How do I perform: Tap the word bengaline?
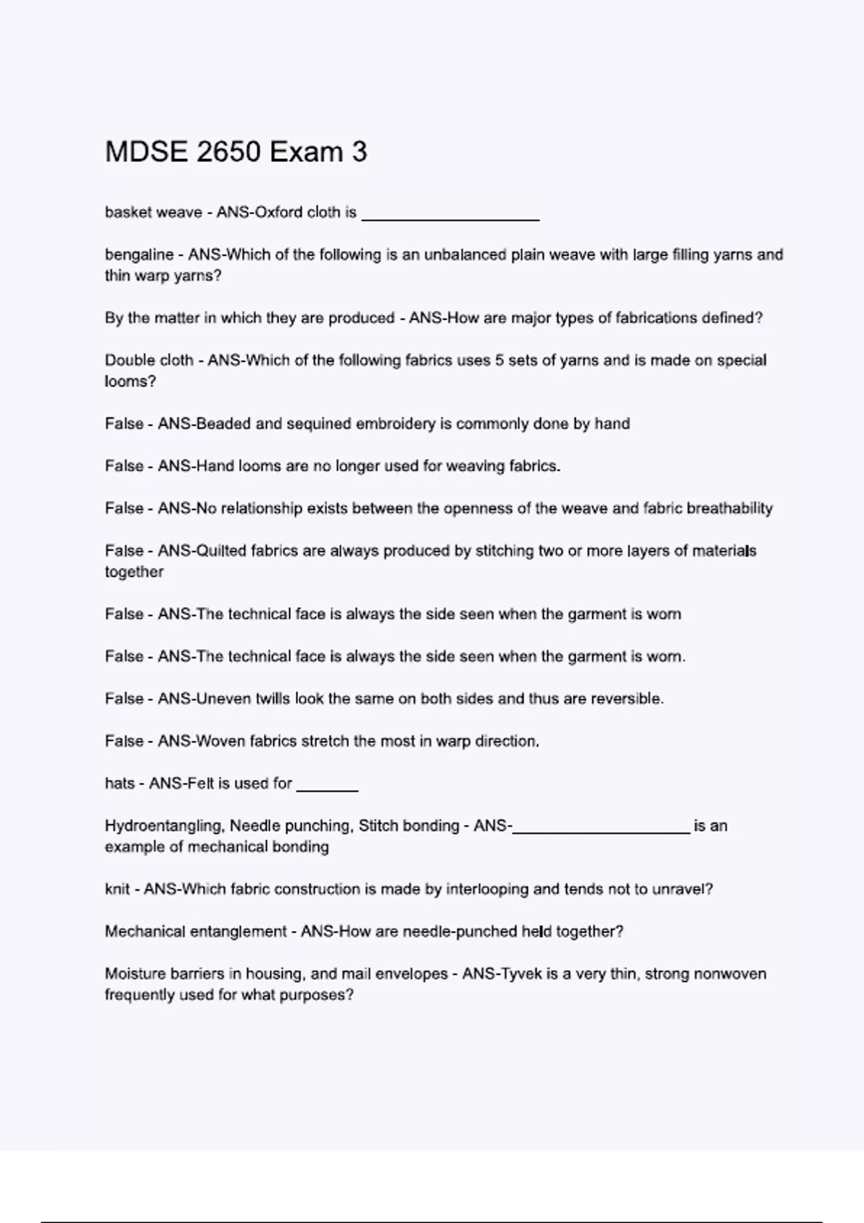click(x=139, y=255)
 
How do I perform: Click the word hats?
click(x=120, y=783)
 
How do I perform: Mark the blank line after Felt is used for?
click(x=327, y=789)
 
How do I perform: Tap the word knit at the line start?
click(x=117, y=889)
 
